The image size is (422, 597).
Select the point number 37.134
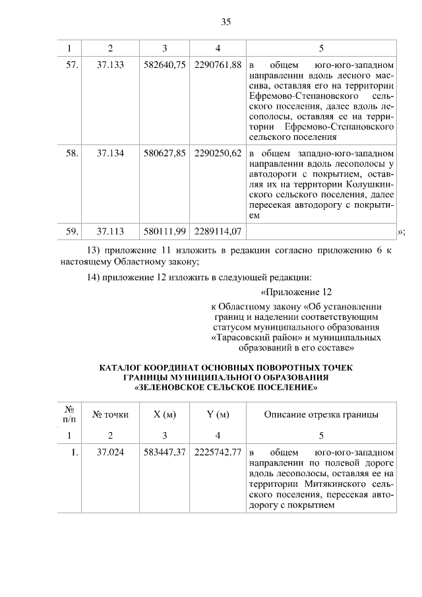pos(110,153)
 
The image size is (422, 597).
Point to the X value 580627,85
pos(165,153)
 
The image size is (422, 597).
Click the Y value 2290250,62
pos(218,153)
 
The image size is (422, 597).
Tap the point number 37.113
pos(110,231)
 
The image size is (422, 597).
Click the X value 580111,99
pos(165,231)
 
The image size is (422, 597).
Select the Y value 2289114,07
pos(218,231)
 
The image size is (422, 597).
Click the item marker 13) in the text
pos(95,251)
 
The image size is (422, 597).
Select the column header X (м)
pos(164,414)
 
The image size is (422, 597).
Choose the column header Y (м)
pos(218,414)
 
